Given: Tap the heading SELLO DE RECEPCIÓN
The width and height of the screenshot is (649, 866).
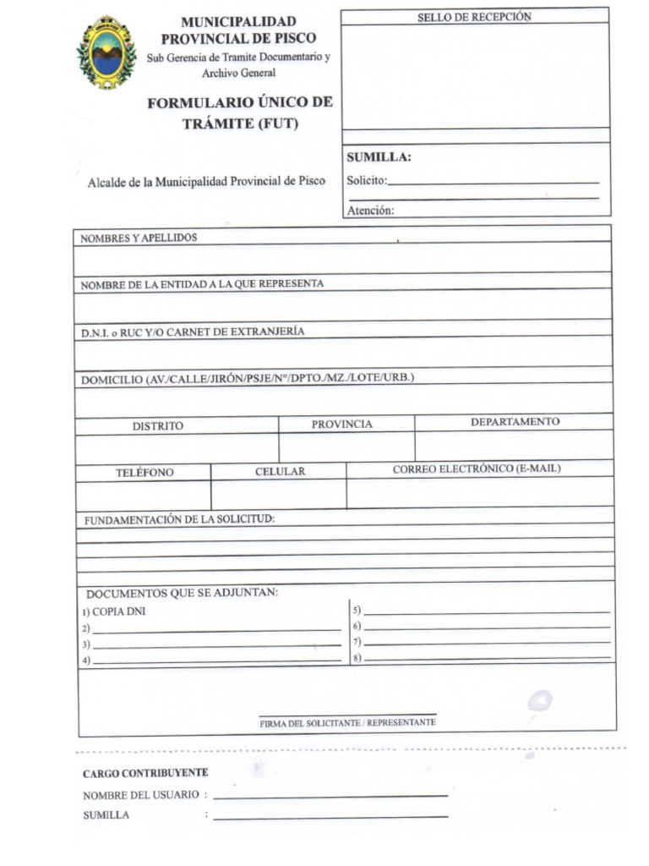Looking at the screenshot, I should point(474,17).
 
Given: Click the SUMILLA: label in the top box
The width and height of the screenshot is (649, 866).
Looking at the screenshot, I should point(379,157).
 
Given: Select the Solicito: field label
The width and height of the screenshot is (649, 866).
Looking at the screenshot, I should point(367,180).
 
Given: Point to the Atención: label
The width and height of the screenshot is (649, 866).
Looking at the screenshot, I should point(370,211).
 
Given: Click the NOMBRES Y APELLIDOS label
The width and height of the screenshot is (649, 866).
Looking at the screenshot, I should point(139,238).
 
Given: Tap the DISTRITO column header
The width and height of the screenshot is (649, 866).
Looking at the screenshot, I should point(157,426).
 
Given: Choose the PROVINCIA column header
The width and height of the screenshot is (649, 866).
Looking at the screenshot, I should point(341,424).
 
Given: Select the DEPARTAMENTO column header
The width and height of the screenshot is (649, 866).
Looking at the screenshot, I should point(515,421).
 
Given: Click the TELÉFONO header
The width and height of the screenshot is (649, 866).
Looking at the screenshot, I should point(145,473).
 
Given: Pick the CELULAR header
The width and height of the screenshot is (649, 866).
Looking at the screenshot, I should point(280,472).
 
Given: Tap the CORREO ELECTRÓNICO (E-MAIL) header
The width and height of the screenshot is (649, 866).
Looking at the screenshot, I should point(476,469).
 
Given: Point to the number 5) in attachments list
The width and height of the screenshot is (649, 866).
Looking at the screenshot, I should point(357,610).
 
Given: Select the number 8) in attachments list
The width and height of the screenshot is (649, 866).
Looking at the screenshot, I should point(357,658).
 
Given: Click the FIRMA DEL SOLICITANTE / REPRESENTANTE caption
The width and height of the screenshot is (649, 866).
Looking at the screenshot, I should point(347,723).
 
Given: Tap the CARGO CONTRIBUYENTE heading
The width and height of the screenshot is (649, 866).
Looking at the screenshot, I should point(145,773).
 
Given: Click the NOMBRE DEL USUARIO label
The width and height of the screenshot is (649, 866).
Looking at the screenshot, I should point(140,795).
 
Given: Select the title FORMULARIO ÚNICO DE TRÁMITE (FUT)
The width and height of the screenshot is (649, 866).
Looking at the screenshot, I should point(240,112).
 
